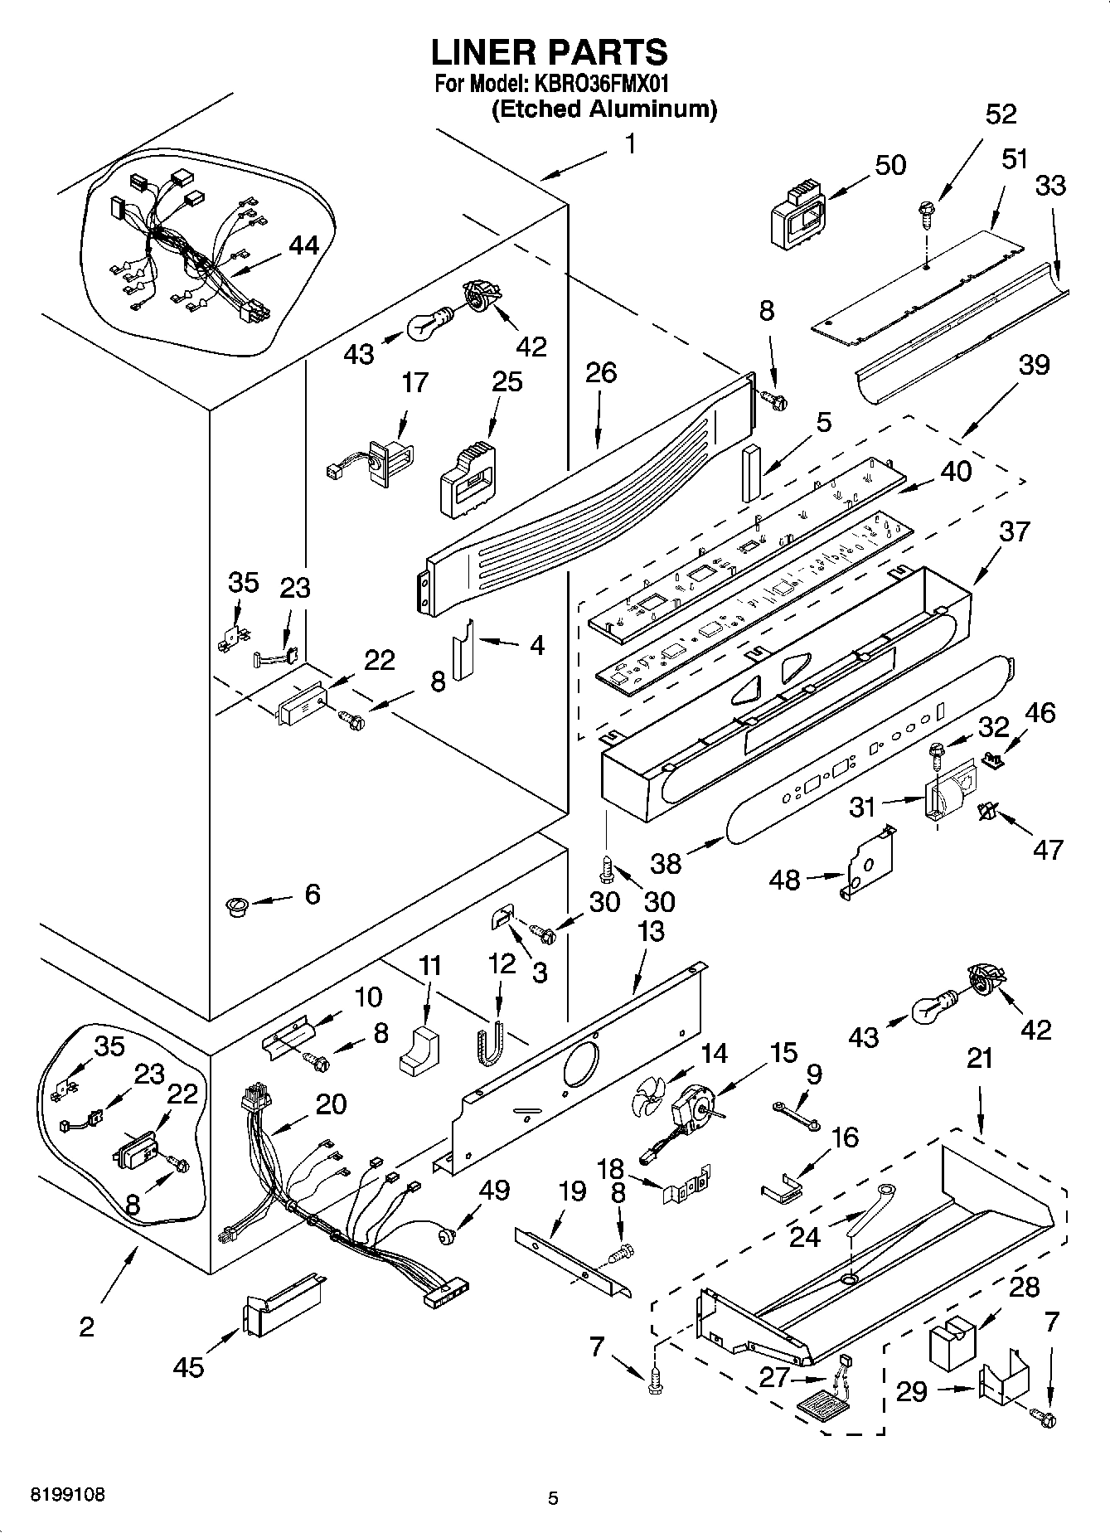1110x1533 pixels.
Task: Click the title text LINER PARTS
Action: (x=549, y=52)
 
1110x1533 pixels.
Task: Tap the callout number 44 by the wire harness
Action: (x=303, y=245)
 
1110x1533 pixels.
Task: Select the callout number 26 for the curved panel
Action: (x=600, y=372)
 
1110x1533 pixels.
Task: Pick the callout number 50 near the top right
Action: (x=890, y=164)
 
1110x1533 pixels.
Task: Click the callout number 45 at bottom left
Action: (x=189, y=1366)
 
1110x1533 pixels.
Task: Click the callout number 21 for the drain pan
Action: (x=980, y=1059)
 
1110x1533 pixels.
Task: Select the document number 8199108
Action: (x=68, y=1495)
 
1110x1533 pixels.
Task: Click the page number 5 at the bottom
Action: (x=553, y=1497)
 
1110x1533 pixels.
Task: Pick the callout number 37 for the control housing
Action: (x=1014, y=531)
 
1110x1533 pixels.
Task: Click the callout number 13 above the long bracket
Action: (x=652, y=930)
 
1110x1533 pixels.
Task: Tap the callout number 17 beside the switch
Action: (x=414, y=382)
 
